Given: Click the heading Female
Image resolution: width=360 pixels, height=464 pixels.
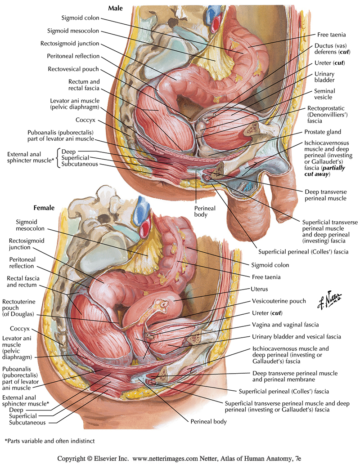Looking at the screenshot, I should pyautogui.click(x=44, y=208).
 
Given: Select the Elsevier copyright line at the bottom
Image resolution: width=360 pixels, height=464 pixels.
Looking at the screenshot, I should pyautogui.click(x=180, y=458).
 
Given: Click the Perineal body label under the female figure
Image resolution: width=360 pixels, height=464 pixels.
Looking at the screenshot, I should pyautogui.click(x=207, y=422).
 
